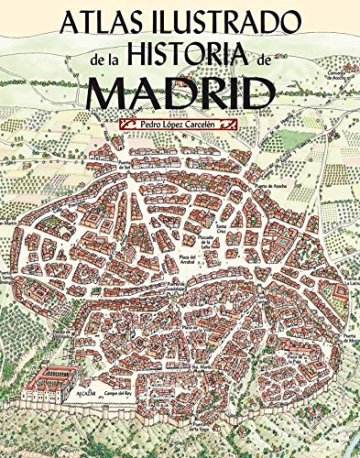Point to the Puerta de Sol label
(125, 170)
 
